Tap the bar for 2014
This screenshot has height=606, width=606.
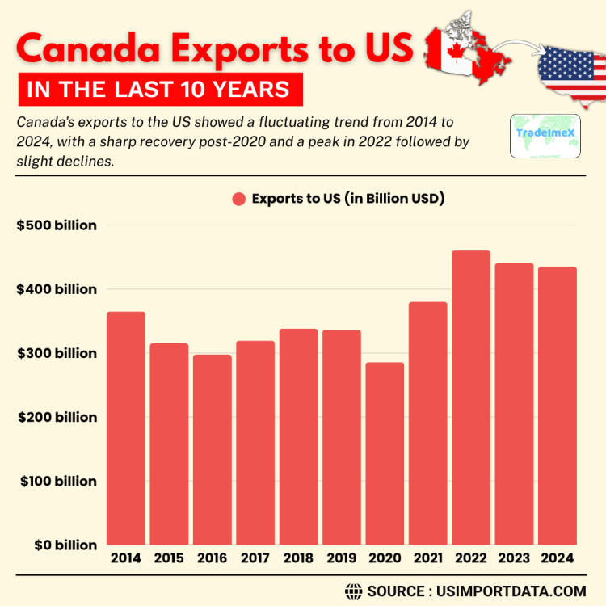tap(126, 428)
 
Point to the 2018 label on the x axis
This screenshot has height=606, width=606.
tap(298, 558)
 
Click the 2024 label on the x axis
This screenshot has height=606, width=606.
tap(557, 558)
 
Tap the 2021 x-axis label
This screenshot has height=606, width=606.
tap(427, 558)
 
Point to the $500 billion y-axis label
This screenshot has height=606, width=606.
tap(57, 225)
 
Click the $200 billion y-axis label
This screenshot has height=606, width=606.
tap(57, 417)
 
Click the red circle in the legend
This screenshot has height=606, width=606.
tap(238, 200)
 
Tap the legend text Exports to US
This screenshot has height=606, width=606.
tap(348, 199)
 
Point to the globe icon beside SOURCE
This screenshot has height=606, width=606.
tap(353, 591)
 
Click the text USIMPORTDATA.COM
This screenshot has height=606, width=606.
tap(510, 591)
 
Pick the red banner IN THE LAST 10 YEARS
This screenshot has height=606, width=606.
tap(158, 89)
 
